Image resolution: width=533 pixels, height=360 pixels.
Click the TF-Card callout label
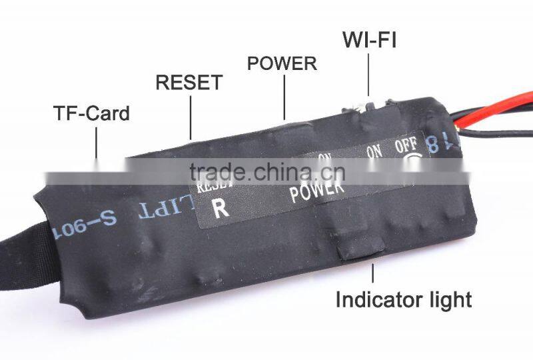[91, 113]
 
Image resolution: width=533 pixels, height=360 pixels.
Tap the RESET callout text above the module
[189, 83]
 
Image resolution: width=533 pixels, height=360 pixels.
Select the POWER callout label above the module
[282, 64]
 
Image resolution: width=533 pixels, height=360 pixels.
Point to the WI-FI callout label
[369, 40]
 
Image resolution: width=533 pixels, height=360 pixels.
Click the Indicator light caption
[403, 299]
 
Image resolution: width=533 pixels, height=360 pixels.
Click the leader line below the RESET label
[191, 117]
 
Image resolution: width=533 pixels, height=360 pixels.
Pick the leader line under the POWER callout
[284, 97]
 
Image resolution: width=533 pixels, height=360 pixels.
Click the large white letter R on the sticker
[221, 208]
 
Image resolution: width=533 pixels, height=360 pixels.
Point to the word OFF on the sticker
[406, 145]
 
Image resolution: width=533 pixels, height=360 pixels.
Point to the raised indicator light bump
[360, 250]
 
